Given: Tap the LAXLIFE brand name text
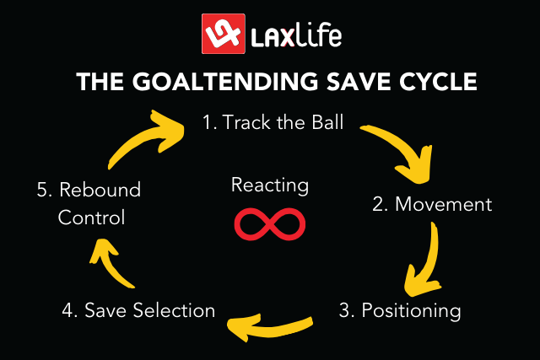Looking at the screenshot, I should [x=295, y=36].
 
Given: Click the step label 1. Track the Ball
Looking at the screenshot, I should [x=273, y=123].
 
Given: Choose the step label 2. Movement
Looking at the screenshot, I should [x=432, y=204].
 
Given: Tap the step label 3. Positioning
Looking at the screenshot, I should [x=400, y=310].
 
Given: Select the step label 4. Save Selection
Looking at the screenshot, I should [x=138, y=310].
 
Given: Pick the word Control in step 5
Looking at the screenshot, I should [x=91, y=218].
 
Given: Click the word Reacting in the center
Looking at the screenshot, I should [x=270, y=185].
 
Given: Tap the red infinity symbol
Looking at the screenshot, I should [x=270, y=223].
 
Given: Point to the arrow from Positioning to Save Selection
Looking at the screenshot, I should [x=270, y=322].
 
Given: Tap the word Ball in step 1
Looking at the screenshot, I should [x=324, y=123].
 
